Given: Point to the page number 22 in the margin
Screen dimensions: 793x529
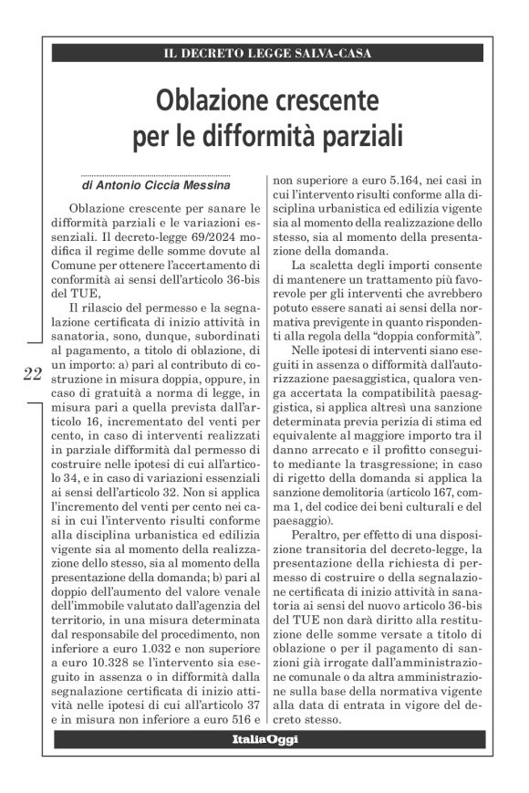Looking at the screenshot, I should [32, 372].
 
